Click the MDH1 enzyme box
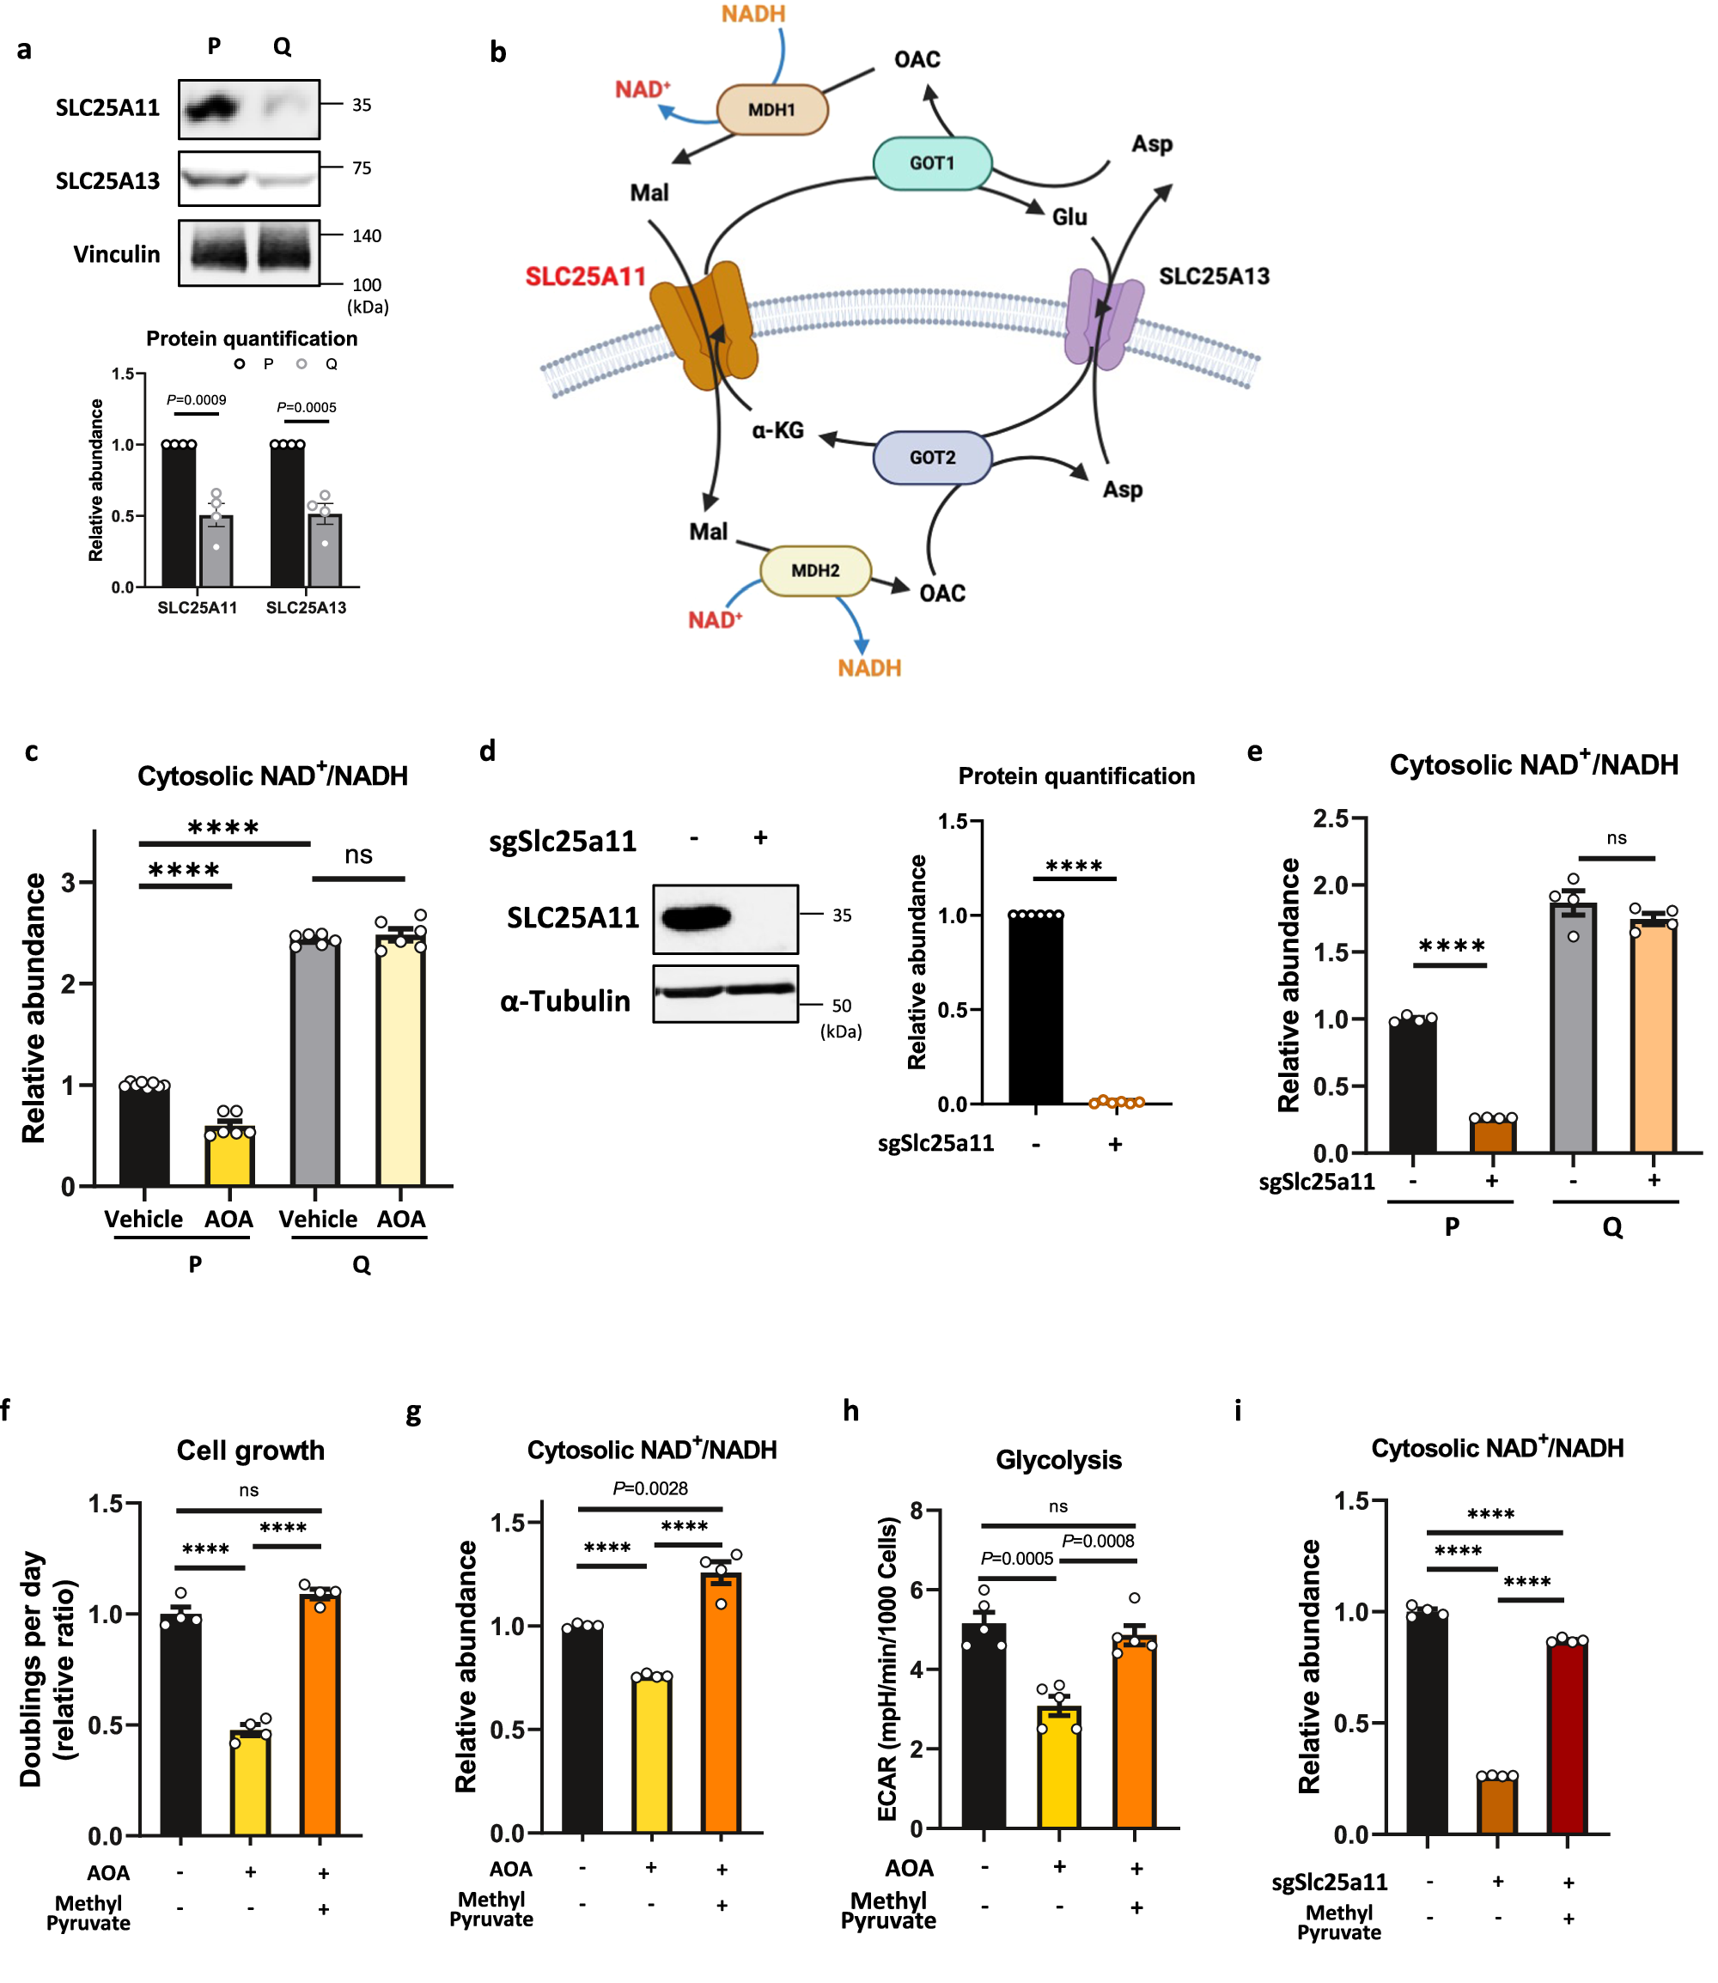pyautogui.click(x=771, y=109)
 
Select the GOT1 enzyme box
pyautogui.click(x=932, y=163)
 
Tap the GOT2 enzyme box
pyautogui.click(x=932, y=457)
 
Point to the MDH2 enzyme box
pyautogui.click(x=815, y=570)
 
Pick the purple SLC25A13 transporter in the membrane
pyautogui.click(x=1102, y=319)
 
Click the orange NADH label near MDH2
pyautogui.click(x=868, y=668)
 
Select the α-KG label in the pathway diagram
pyautogui.click(x=777, y=430)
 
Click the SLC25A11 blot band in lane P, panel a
pyautogui.click(x=212, y=107)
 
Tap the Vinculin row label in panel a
pyautogui.click(x=116, y=254)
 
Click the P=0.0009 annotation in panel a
pyautogui.click(x=197, y=399)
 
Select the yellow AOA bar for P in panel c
pyautogui.click(x=229, y=1155)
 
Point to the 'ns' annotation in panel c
pyautogui.click(x=358, y=855)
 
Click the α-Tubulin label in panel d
pyautogui.click(x=564, y=1001)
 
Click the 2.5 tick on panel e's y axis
pyautogui.click(x=1331, y=818)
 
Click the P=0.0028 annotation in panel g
pyautogui.click(x=650, y=1488)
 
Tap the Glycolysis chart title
pyautogui.click(x=1058, y=1460)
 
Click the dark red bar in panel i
pyautogui.click(x=1567, y=1737)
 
